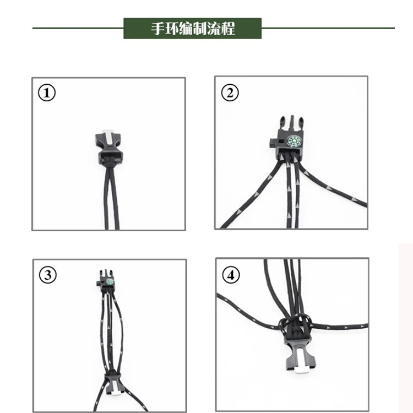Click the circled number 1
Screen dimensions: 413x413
click(47, 93)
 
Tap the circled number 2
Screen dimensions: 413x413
click(230, 93)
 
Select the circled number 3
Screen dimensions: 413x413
click(48, 275)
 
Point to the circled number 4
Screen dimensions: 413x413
click(231, 275)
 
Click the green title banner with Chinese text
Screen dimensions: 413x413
click(193, 29)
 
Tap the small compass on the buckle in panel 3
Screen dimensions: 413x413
click(110, 282)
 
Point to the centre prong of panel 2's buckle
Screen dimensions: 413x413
click(291, 122)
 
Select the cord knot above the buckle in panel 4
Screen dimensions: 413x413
click(295, 325)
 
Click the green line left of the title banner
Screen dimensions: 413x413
click(78, 28)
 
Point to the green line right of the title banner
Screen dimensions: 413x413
click(328, 28)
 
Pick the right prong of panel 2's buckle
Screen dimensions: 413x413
click(301, 123)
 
